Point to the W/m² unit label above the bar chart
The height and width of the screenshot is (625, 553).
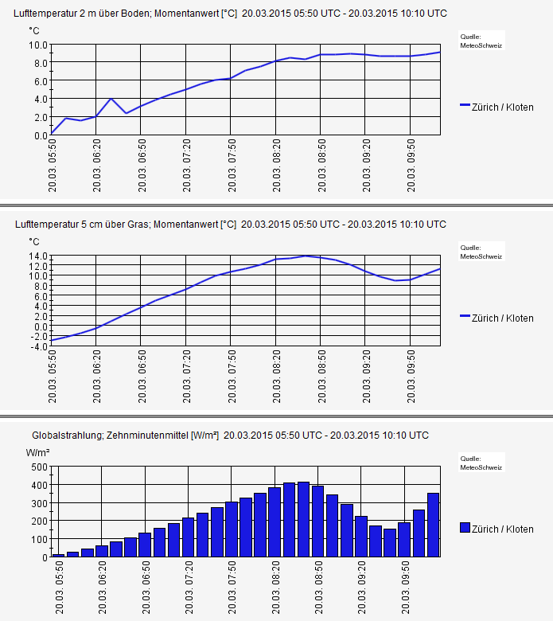[x=39, y=452]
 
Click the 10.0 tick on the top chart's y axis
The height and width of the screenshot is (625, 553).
[x=38, y=45]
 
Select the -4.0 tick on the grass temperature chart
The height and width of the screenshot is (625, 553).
[x=38, y=346]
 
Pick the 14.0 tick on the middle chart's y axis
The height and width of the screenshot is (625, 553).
[x=38, y=256]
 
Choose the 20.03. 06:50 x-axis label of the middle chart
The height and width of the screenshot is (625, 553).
[x=142, y=377]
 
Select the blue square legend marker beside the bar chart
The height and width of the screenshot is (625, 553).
[x=465, y=528]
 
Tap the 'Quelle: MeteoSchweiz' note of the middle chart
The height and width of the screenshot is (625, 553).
[x=481, y=252]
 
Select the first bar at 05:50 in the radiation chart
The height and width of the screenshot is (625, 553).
[x=58, y=555]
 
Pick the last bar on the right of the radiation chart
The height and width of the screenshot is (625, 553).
[x=433, y=525]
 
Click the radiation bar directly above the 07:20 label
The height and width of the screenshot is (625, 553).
[x=188, y=537]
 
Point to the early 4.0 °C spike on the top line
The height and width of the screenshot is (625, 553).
[x=111, y=99]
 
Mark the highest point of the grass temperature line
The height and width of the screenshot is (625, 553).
[x=305, y=256]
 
